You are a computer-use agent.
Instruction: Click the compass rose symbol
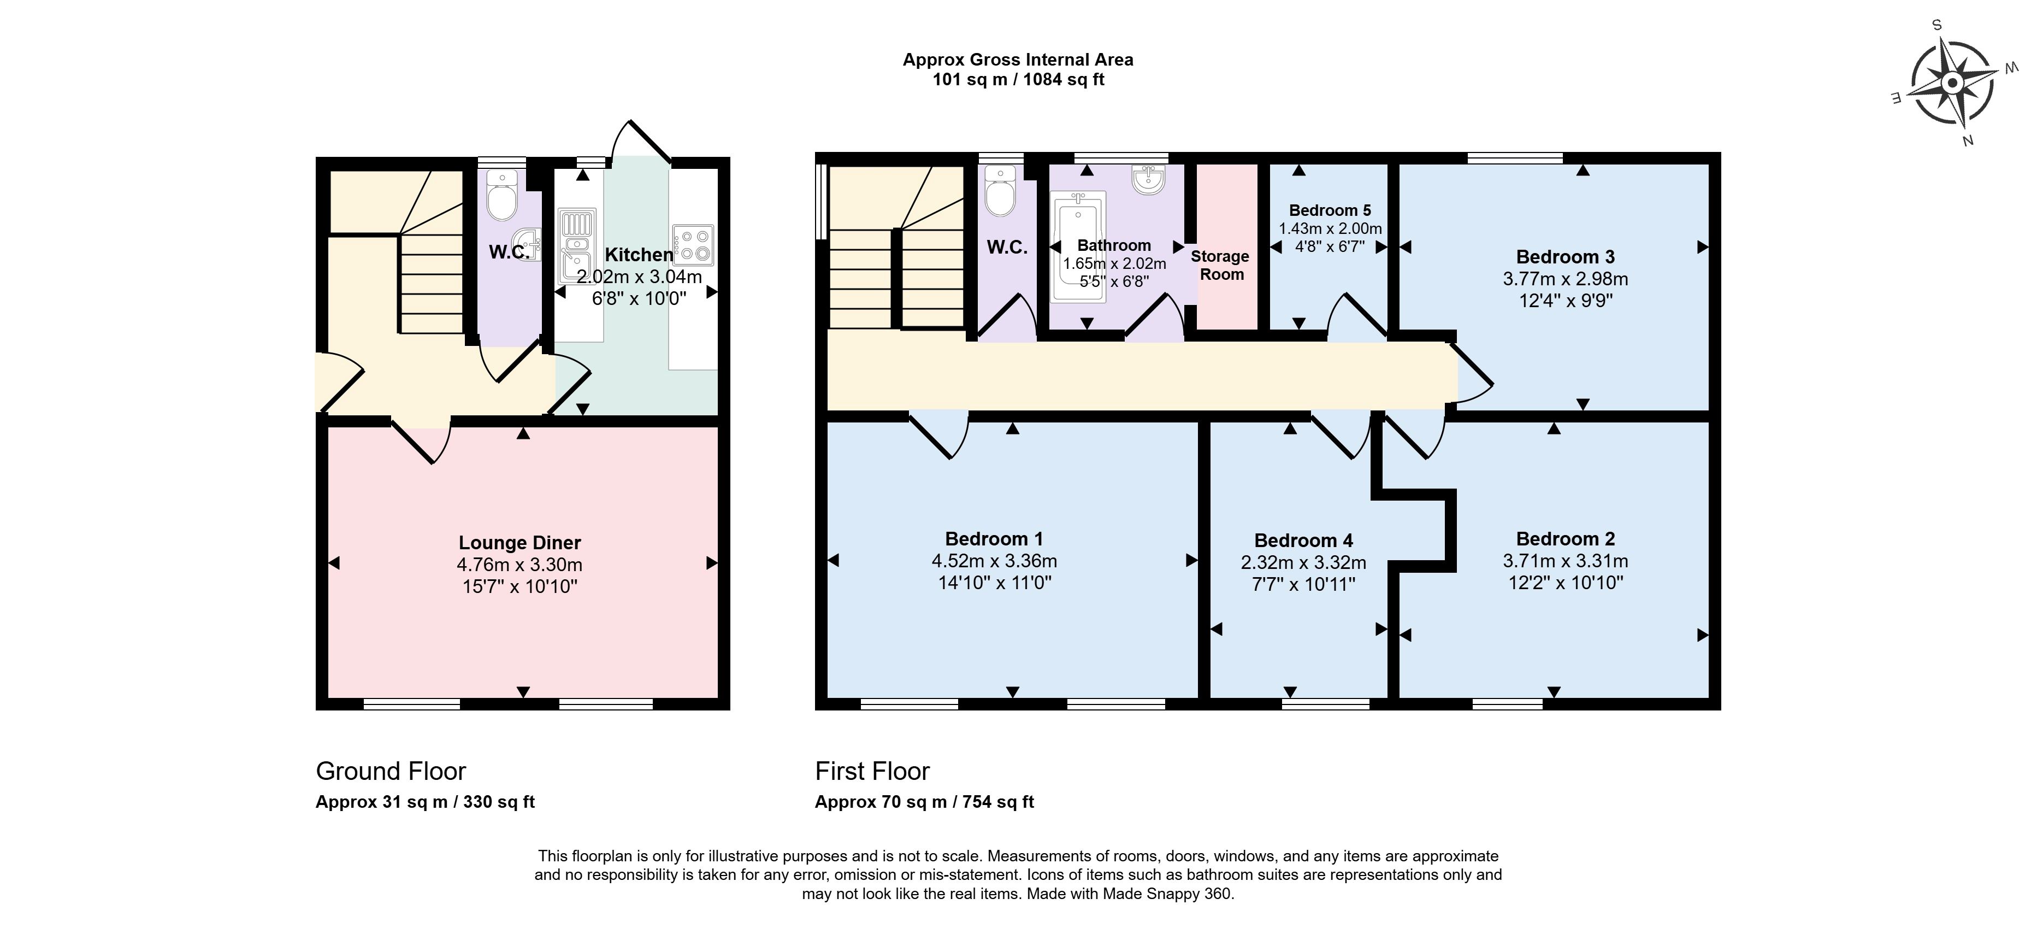(x=1952, y=83)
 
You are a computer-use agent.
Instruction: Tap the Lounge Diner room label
(x=519, y=543)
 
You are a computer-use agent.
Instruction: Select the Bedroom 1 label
(x=994, y=539)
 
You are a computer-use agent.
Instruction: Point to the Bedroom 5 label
(x=1330, y=210)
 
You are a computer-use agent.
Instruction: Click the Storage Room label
(x=1221, y=265)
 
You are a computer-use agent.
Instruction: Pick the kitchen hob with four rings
(x=693, y=245)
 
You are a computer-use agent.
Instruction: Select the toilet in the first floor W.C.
(x=1000, y=191)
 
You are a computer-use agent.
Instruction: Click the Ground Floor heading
(x=391, y=771)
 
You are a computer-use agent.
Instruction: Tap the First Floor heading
(x=872, y=771)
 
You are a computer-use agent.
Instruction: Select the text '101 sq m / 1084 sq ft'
(x=1018, y=80)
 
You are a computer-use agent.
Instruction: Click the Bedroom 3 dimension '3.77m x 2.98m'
(x=1565, y=279)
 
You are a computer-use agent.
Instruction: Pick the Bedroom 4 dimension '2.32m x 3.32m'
(x=1303, y=562)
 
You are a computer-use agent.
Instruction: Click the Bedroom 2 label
(x=1565, y=539)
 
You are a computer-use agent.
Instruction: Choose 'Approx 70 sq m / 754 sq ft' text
(x=924, y=801)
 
